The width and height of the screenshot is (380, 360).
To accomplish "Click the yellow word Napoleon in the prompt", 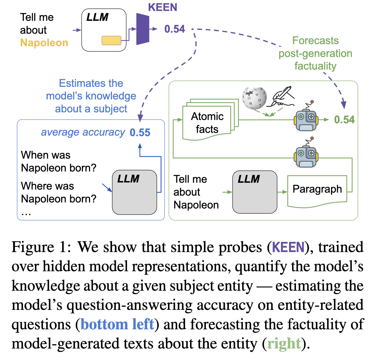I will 44,43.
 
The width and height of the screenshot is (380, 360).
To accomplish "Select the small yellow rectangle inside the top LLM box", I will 111,40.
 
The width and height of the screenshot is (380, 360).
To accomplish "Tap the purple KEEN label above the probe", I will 163,7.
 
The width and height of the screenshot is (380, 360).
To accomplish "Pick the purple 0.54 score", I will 175,29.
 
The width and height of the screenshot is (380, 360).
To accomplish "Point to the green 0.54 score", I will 344,119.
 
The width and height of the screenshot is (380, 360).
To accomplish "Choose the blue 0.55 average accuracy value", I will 140,133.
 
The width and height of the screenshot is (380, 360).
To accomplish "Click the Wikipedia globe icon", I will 254,98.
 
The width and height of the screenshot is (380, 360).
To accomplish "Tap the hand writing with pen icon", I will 283,96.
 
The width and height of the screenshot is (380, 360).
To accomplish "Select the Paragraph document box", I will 317,190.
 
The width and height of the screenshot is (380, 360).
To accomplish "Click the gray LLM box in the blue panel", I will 134,192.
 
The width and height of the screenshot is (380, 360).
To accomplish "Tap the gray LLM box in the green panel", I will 255,192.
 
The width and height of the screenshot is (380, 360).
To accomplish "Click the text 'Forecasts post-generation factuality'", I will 315,53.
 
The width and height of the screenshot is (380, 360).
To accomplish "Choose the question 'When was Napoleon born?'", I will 59,161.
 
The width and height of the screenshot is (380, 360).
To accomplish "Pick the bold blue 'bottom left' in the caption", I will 117,324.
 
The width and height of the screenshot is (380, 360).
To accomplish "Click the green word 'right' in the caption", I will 284,344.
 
